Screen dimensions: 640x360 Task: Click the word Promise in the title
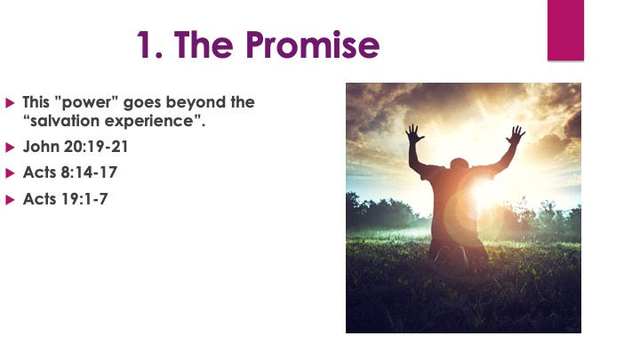click(313, 44)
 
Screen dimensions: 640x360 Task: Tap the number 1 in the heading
click(145, 44)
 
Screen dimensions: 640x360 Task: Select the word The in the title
click(204, 44)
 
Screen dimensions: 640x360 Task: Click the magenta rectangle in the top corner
click(565, 30)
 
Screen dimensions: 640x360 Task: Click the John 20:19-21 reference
click(76, 147)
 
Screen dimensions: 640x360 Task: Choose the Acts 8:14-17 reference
click(70, 172)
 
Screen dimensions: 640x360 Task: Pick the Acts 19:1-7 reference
click(65, 199)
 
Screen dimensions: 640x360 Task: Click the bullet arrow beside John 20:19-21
click(10, 148)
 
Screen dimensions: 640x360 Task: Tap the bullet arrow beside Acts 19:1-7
click(10, 200)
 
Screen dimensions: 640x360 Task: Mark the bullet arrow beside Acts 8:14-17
click(10, 173)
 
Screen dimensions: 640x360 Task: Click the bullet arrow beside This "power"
click(10, 103)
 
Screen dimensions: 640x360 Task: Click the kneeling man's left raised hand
click(414, 134)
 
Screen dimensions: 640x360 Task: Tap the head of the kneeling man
click(460, 164)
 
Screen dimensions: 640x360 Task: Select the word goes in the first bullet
click(142, 103)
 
